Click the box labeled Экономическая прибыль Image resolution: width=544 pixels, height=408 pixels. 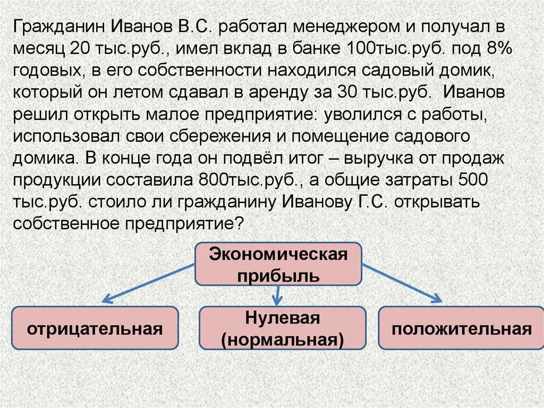pos(278,264)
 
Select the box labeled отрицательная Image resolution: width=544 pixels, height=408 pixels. pos(95,328)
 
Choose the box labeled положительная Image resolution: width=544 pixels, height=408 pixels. pos(461,328)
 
